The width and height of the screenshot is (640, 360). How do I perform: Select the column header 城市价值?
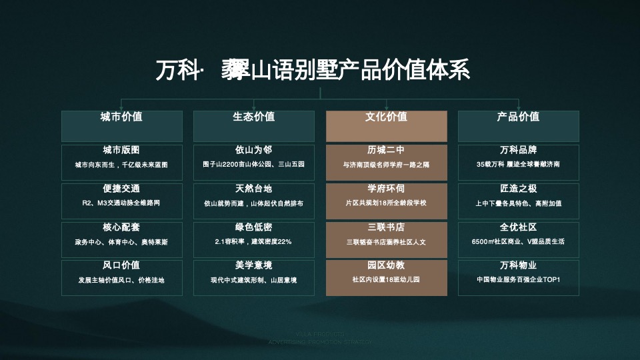click(x=121, y=117)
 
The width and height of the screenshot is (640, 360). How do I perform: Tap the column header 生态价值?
click(x=253, y=117)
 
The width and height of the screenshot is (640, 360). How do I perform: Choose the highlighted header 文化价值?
click(x=386, y=117)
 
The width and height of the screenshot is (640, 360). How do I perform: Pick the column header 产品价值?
click(x=518, y=117)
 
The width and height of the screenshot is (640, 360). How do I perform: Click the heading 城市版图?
click(x=121, y=150)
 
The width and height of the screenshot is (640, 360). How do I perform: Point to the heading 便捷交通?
click(x=121, y=189)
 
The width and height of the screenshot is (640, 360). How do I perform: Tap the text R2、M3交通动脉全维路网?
click(x=121, y=203)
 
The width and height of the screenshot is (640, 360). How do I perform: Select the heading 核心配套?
click(x=121, y=227)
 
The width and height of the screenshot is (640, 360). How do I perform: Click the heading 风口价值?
click(x=121, y=265)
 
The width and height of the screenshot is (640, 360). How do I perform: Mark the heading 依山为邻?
click(x=253, y=150)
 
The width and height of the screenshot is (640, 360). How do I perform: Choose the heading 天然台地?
click(x=253, y=189)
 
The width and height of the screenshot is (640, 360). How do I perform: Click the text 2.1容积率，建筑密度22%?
click(x=253, y=241)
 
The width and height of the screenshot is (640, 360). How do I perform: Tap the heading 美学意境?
click(x=253, y=265)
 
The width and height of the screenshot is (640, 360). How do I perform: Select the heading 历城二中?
click(x=386, y=150)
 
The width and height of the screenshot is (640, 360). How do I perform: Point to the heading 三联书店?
click(x=386, y=227)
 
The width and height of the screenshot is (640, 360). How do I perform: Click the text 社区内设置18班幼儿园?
click(x=386, y=280)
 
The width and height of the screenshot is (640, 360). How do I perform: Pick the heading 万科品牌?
click(x=518, y=150)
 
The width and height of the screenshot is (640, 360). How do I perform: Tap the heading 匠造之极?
click(x=518, y=189)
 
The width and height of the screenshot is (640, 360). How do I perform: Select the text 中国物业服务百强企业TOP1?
click(x=518, y=280)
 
